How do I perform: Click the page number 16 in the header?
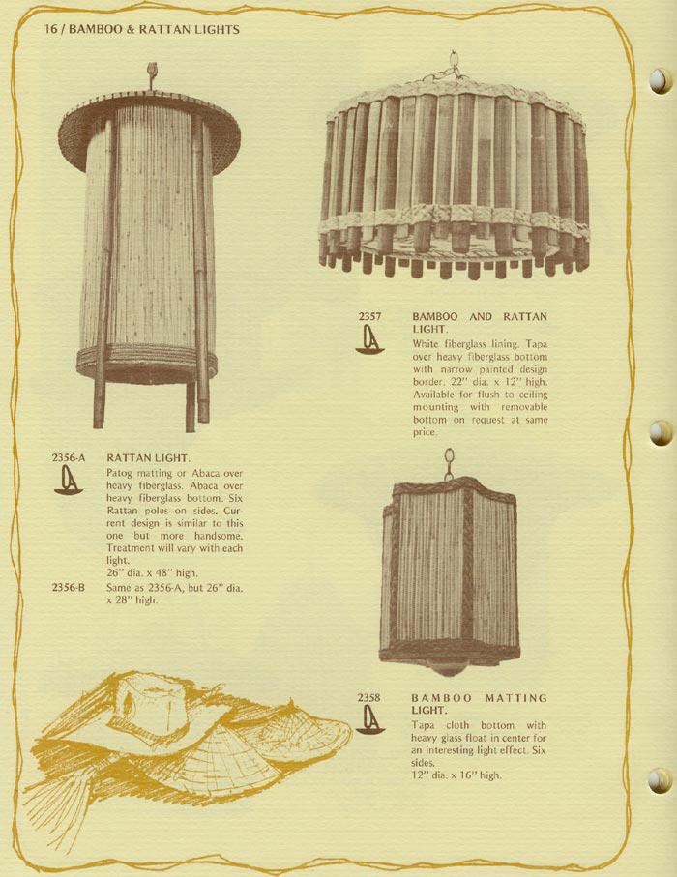(50, 29)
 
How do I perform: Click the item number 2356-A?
(69, 458)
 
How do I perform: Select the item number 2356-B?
(69, 588)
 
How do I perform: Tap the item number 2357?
(369, 316)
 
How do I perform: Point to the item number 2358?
(368, 697)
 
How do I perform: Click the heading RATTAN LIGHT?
(148, 458)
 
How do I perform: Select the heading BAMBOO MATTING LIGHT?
(479, 704)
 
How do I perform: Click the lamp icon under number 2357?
(369, 340)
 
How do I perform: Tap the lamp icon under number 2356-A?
(69, 481)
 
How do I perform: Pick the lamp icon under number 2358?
(370, 719)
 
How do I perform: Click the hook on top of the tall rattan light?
(151, 74)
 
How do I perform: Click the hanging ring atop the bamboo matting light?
(449, 463)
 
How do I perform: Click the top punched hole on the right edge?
(661, 81)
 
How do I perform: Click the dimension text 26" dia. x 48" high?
(152, 573)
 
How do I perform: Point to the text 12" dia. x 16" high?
(456, 775)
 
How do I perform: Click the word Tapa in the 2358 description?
(423, 725)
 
